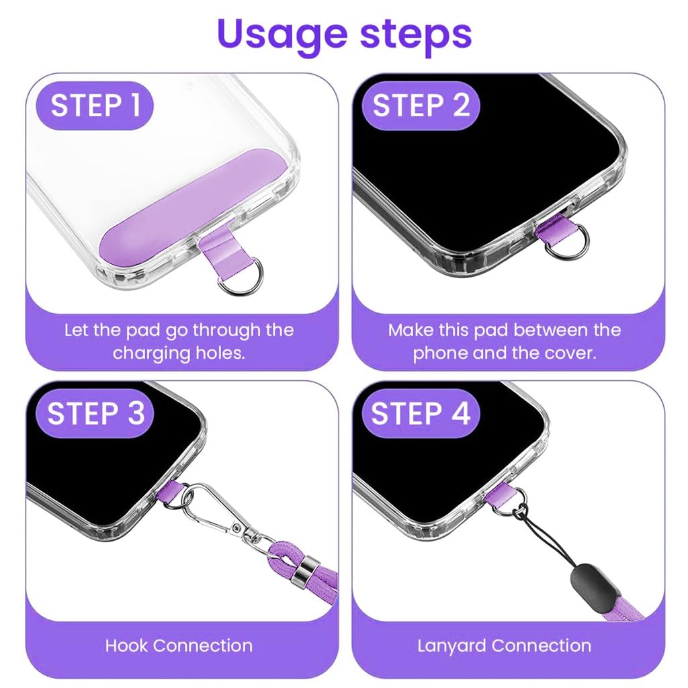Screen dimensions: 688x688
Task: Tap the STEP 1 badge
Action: click(96, 106)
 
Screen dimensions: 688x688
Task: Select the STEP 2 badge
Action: click(421, 106)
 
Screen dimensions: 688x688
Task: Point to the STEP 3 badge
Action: click(96, 413)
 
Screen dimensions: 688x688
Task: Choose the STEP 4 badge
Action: click(421, 413)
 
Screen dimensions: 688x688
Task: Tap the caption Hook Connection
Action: click(179, 646)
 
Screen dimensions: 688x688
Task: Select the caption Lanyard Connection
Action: click(504, 646)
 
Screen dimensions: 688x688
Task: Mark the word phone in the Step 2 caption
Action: click(440, 353)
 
